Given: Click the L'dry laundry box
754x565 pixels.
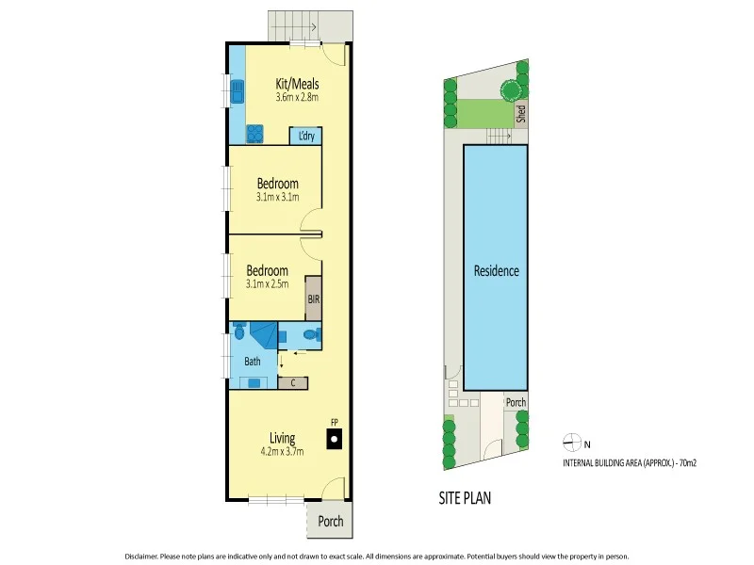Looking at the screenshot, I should click(306, 136).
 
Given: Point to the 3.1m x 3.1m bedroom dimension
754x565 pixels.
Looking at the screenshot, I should click(278, 198).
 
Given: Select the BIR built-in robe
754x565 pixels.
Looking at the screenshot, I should click(313, 298).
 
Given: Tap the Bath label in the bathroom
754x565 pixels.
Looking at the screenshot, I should click(253, 361).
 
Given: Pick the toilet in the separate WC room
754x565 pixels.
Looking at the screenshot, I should click(314, 333).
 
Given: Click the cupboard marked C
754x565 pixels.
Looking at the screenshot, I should click(294, 382).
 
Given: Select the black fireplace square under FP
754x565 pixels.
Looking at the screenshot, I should click(332, 438).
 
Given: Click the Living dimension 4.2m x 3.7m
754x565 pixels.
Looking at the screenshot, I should click(282, 451).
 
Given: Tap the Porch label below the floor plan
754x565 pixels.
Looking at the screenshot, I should click(330, 522).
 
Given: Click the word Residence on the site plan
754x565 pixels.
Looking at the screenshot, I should click(496, 271).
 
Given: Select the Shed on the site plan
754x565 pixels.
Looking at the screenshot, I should click(520, 113).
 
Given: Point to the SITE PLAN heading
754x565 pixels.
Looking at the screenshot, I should click(466, 498).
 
